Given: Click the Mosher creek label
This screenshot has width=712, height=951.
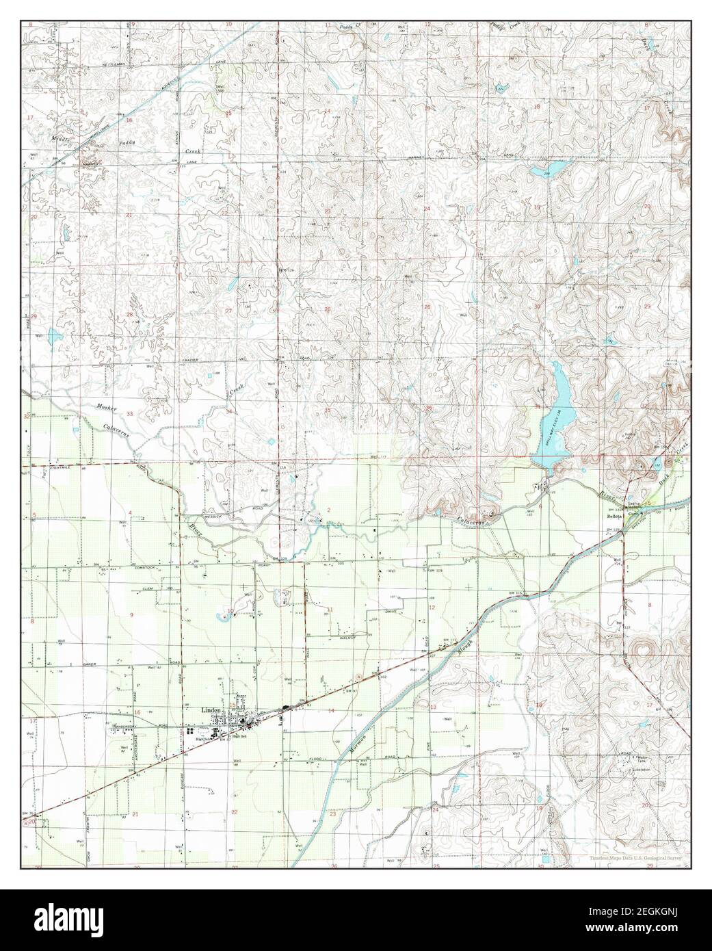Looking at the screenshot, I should tap(107, 408).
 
